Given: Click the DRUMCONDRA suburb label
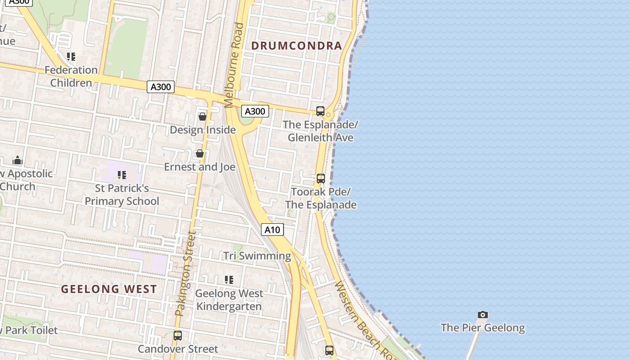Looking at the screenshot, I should [297, 45].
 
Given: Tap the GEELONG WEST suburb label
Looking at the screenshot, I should [109, 289].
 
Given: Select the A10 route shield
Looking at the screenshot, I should [272, 230].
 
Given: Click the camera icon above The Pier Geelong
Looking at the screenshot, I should [483, 315].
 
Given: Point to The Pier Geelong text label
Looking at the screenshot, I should [483, 328].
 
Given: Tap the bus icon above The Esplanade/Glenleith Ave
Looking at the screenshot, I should [320, 111].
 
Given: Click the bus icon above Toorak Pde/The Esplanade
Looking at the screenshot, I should [320, 178].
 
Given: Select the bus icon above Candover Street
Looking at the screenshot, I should [178, 335].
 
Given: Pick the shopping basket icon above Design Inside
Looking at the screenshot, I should [202, 117].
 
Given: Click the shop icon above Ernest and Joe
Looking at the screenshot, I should [200, 154].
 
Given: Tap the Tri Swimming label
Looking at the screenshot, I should [257, 256].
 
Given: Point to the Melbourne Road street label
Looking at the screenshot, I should [235, 65].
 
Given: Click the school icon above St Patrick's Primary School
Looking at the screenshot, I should [121, 175].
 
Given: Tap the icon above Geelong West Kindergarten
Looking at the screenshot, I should [229, 280].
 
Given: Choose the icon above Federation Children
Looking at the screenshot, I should [71, 57].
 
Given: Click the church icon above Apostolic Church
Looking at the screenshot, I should [18, 160].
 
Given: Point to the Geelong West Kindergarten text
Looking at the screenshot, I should [229, 300].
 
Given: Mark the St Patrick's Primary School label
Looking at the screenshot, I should [122, 195].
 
